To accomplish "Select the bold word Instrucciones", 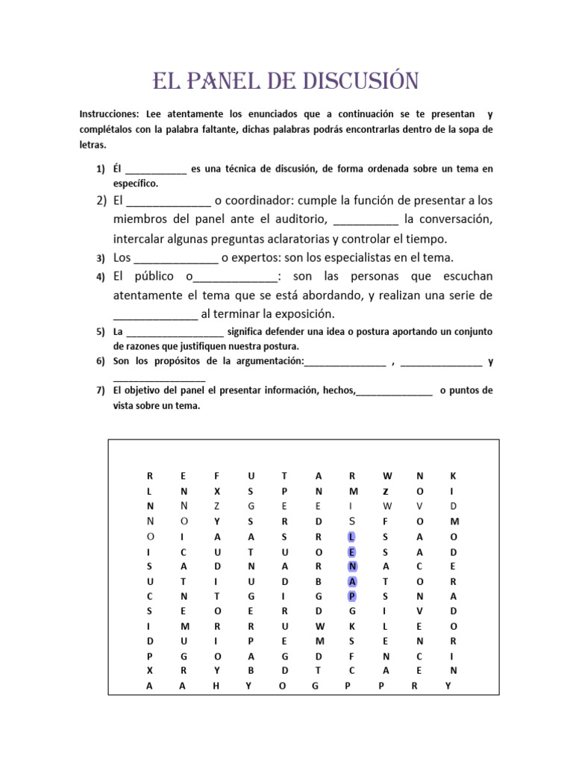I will (109, 114).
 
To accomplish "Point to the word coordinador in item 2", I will (267, 201).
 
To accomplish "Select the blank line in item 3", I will (175, 258).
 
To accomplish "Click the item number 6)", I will (101, 361).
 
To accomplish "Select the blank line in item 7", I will (395, 390).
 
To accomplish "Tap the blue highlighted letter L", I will (351, 536).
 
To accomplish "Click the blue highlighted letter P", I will (351, 595).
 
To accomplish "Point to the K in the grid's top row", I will (451, 475).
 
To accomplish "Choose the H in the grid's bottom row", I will (216, 685).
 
